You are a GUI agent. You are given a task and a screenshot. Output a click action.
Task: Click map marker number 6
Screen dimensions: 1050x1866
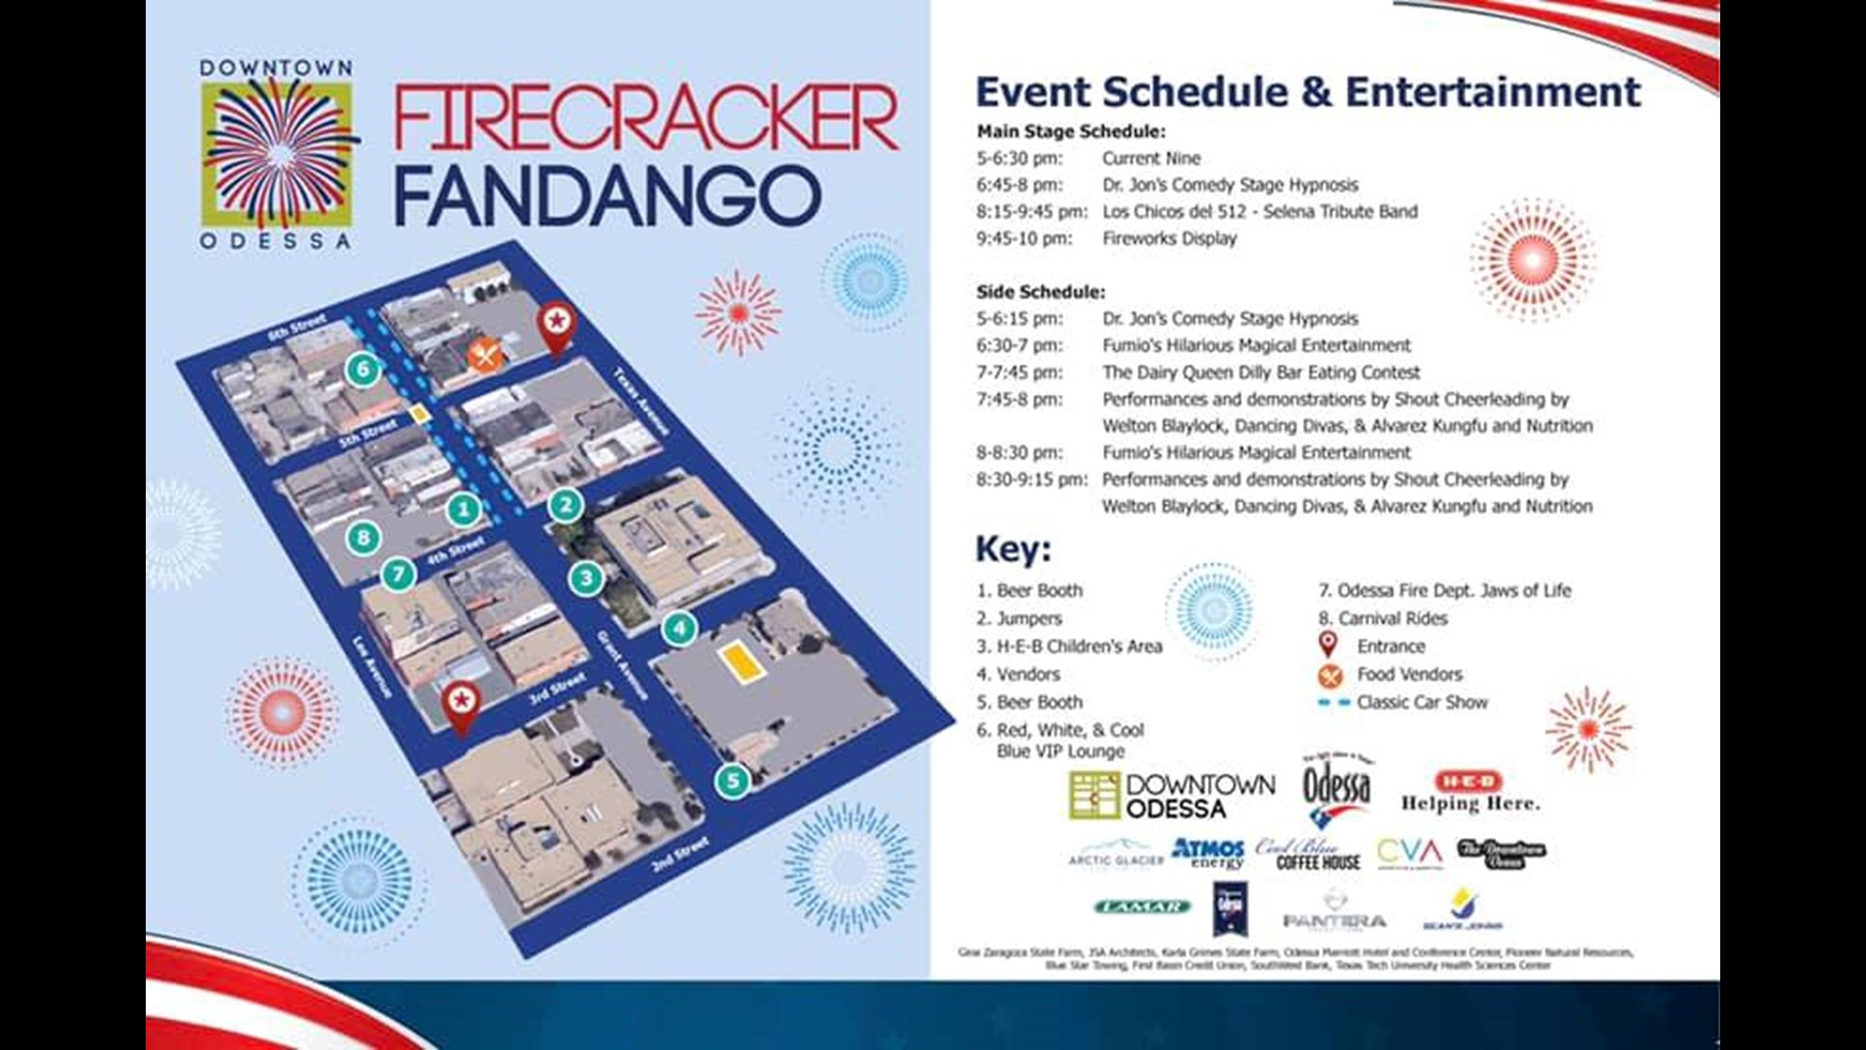[x=363, y=369]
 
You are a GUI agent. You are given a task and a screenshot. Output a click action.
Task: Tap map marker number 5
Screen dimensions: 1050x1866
[x=733, y=781]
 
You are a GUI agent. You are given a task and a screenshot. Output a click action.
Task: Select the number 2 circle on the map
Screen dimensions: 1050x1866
[x=566, y=505]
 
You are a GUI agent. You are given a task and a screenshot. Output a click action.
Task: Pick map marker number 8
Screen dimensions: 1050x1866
[x=363, y=538]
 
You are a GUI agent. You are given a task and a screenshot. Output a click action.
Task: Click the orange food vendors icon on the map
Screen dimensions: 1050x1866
[x=485, y=355]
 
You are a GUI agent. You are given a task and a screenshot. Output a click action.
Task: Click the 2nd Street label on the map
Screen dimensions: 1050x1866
[x=680, y=854]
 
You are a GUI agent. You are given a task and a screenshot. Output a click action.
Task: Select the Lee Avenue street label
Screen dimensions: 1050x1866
[x=373, y=666]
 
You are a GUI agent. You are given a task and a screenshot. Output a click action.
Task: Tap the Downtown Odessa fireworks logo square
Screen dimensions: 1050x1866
[x=278, y=154]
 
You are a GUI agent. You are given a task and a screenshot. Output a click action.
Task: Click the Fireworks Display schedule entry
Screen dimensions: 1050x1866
[x=1169, y=238]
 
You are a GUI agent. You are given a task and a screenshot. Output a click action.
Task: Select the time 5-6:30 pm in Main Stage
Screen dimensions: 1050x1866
[x=1019, y=158]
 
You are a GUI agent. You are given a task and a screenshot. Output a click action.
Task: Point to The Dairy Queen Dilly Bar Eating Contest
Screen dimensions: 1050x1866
[x=1261, y=372]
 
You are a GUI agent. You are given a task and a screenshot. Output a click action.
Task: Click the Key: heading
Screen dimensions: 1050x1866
[x=1013, y=549]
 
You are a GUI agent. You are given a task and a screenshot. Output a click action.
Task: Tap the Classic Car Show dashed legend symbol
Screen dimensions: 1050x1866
[x=1333, y=702]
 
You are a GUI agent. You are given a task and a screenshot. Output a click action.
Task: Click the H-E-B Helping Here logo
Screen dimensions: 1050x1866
[x=1469, y=791]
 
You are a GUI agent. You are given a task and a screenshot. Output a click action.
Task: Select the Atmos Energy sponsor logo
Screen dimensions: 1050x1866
[x=1207, y=854]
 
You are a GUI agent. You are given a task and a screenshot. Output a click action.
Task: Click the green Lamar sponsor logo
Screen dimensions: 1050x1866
[x=1142, y=906]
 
